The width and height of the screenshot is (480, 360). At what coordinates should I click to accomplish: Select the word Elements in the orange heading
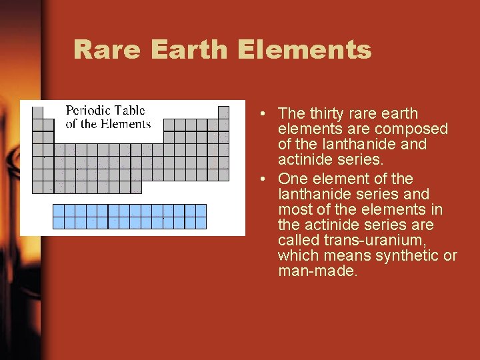point(304,49)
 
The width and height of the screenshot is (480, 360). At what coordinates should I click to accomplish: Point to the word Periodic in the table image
point(87,111)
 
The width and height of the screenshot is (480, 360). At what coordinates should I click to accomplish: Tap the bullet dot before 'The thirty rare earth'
point(265,114)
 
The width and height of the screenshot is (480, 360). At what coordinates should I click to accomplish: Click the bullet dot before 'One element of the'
point(265,179)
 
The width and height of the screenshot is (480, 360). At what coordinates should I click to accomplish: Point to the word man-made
point(318,271)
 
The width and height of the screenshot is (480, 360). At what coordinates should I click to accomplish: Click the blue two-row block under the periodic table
point(129,217)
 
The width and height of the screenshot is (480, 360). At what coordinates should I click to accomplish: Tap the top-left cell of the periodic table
point(38,113)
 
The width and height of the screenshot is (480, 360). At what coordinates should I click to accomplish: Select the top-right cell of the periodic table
point(223,113)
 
